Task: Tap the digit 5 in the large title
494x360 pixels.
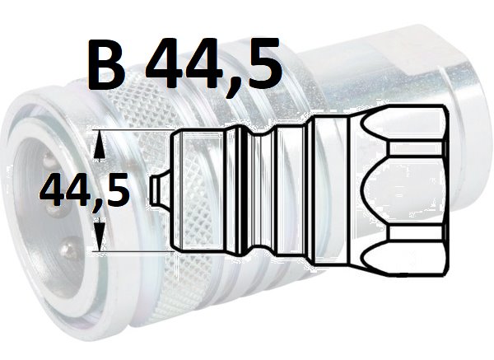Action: [261, 63]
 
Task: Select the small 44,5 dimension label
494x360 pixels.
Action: [85, 190]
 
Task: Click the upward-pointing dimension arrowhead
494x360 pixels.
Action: [100, 146]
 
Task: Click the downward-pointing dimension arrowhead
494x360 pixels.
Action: [100, 235]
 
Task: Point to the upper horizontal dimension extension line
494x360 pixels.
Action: [134, 130]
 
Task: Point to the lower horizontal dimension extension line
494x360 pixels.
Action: [134, 251]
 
